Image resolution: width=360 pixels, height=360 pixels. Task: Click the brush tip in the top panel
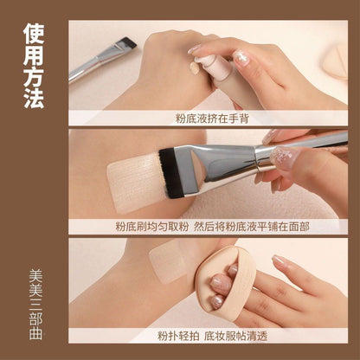click(128, 42)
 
